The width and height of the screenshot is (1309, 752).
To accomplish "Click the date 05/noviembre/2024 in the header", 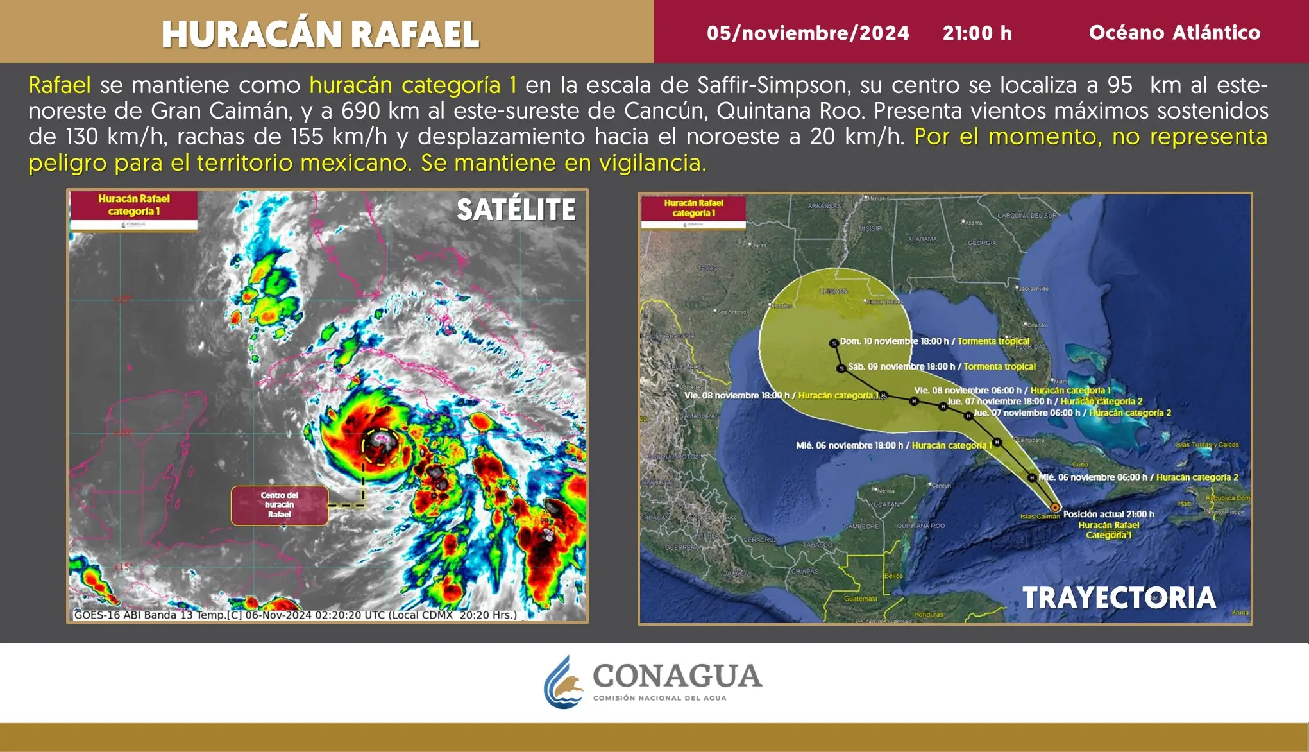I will (807, 33).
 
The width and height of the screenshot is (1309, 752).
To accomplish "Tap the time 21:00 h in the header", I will (977, 33).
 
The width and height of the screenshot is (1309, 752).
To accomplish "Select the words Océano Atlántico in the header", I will (1174, 33).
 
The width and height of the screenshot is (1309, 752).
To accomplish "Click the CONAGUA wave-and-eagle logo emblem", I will (562, 682).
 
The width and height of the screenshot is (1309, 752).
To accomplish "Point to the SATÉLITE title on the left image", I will (516, 210).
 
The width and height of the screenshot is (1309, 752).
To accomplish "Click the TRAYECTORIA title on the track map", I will (1119, 598).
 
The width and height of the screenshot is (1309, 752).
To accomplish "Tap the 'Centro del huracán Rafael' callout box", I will (280, 505).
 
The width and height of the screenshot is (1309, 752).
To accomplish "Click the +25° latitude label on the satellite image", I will (122, 299).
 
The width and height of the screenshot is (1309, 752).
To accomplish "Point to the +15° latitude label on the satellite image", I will (122, 567).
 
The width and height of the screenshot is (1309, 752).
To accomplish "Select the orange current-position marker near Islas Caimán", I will (1055, 507).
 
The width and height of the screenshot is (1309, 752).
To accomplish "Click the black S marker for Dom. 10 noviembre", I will (834, 343).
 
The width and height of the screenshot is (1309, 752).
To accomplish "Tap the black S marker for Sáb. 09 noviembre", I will (841, 368).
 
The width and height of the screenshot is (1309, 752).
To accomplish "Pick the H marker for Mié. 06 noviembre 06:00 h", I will (1031, 477).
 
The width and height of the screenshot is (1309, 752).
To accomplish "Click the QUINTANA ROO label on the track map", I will (920, 526).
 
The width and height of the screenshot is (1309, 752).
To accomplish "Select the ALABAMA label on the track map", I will (922, 239).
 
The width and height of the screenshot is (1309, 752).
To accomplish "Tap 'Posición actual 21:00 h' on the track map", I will (1108, 514).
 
